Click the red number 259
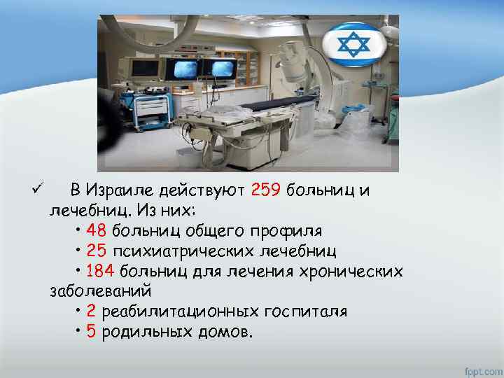click(x=265, y=190)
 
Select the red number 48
click(x=97, y=230)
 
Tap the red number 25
click(x=97, y=250)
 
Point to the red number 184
click(x=101, y=270)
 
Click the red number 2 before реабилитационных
click(x=92, y=311)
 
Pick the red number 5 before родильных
click(x=92, y=331)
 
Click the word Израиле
click(x=122, y=190)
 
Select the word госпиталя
click(x=303, y=311)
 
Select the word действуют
click(x=201, y=190)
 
